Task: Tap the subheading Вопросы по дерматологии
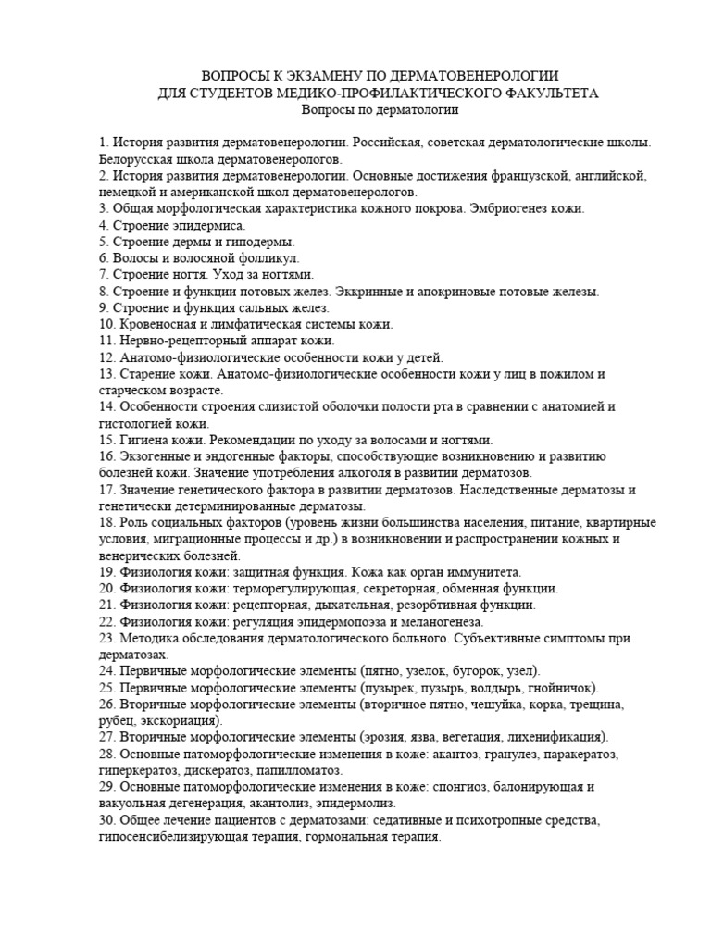point(380,110)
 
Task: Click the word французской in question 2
point(524,176)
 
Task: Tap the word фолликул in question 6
point(268,258)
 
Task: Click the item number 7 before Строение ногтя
point(103,275)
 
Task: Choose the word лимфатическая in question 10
point(243,325)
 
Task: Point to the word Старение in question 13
point(146,374)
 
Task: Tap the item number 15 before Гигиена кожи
point(106,440)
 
